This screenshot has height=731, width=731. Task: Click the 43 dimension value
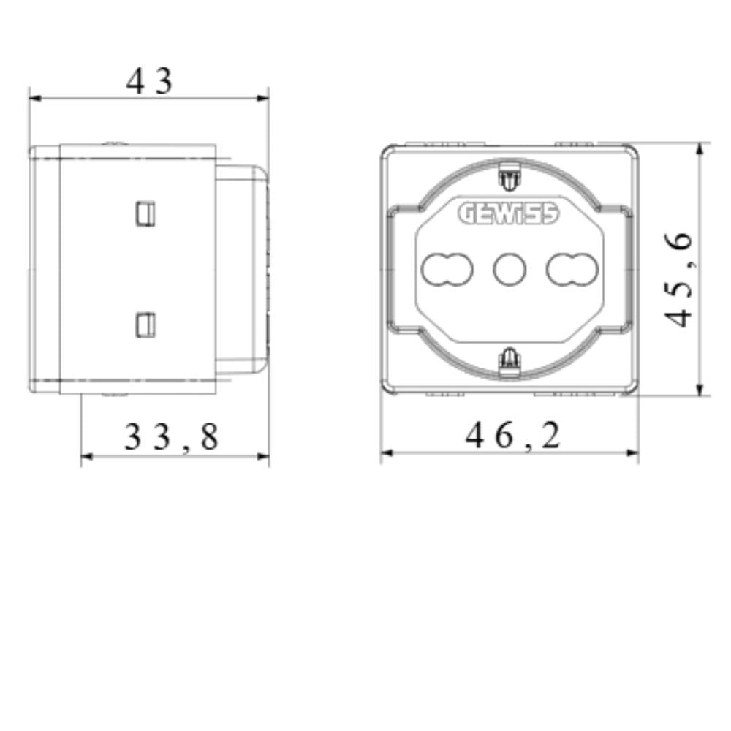coord(149,80)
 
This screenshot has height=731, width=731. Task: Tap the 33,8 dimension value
coord(171,437)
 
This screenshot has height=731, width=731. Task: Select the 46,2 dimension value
coord(513,436)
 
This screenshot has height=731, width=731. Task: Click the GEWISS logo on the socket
coord(509,213)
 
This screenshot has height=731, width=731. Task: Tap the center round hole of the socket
coord(510,269)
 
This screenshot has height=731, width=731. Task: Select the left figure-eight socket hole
coord(447,269)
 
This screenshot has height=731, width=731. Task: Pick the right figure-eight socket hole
coord(572,269)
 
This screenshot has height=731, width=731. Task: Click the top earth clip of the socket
coord(508,175)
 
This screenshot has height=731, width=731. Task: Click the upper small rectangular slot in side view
coord(145,212)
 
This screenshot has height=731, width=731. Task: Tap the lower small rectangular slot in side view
coord(145,324)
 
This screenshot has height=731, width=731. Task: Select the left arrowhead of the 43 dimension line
coord(35,98)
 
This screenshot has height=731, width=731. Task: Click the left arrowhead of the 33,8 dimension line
coord(86,456)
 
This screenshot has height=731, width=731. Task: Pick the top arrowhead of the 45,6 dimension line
coord(700,148)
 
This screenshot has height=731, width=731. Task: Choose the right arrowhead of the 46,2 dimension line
coord(633,453)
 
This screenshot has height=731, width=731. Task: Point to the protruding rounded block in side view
coord(243,269)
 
